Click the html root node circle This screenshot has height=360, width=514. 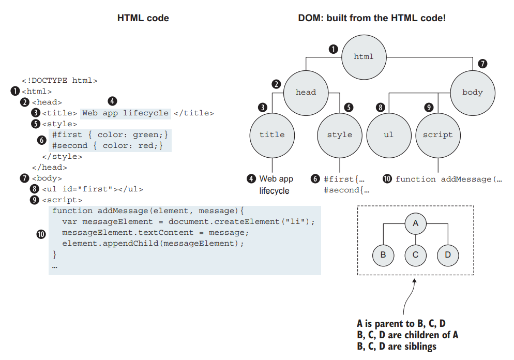pyautogui.click(x=364, y=57)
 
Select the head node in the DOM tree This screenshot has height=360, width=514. pyautogui.click(x=306, y=92)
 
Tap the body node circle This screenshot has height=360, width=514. pyautogui.click(x=472, y=93)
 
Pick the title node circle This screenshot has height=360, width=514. pyautogui.click(x=272, y=135)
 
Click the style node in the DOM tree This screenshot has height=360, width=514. pyautogui.click(x=339, y=135)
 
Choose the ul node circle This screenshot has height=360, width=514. pyautogui.click(x=388, y=135)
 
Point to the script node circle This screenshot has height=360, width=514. pyautogui.click(x=437, y=135)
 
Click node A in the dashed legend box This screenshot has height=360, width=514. pyautogui.click(x=415, y=223)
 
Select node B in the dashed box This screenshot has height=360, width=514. pyautogui.click(x=383, y=254)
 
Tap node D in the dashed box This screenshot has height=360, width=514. pyautogui.click(x=448, y=254)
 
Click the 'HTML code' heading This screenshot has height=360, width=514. pyautogui.click(x=143, y=18)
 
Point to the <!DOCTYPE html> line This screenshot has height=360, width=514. pyautogui.click(x=59, y=80)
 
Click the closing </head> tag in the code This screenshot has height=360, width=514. pyautogui.click(x=50, y=167)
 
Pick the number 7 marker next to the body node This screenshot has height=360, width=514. pyautogui.click(x=482, y=64)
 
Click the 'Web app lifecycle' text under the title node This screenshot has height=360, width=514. pyautogui.click(x=276, y=185)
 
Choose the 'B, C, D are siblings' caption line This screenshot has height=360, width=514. pyautogui.click(x=397, y=346)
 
